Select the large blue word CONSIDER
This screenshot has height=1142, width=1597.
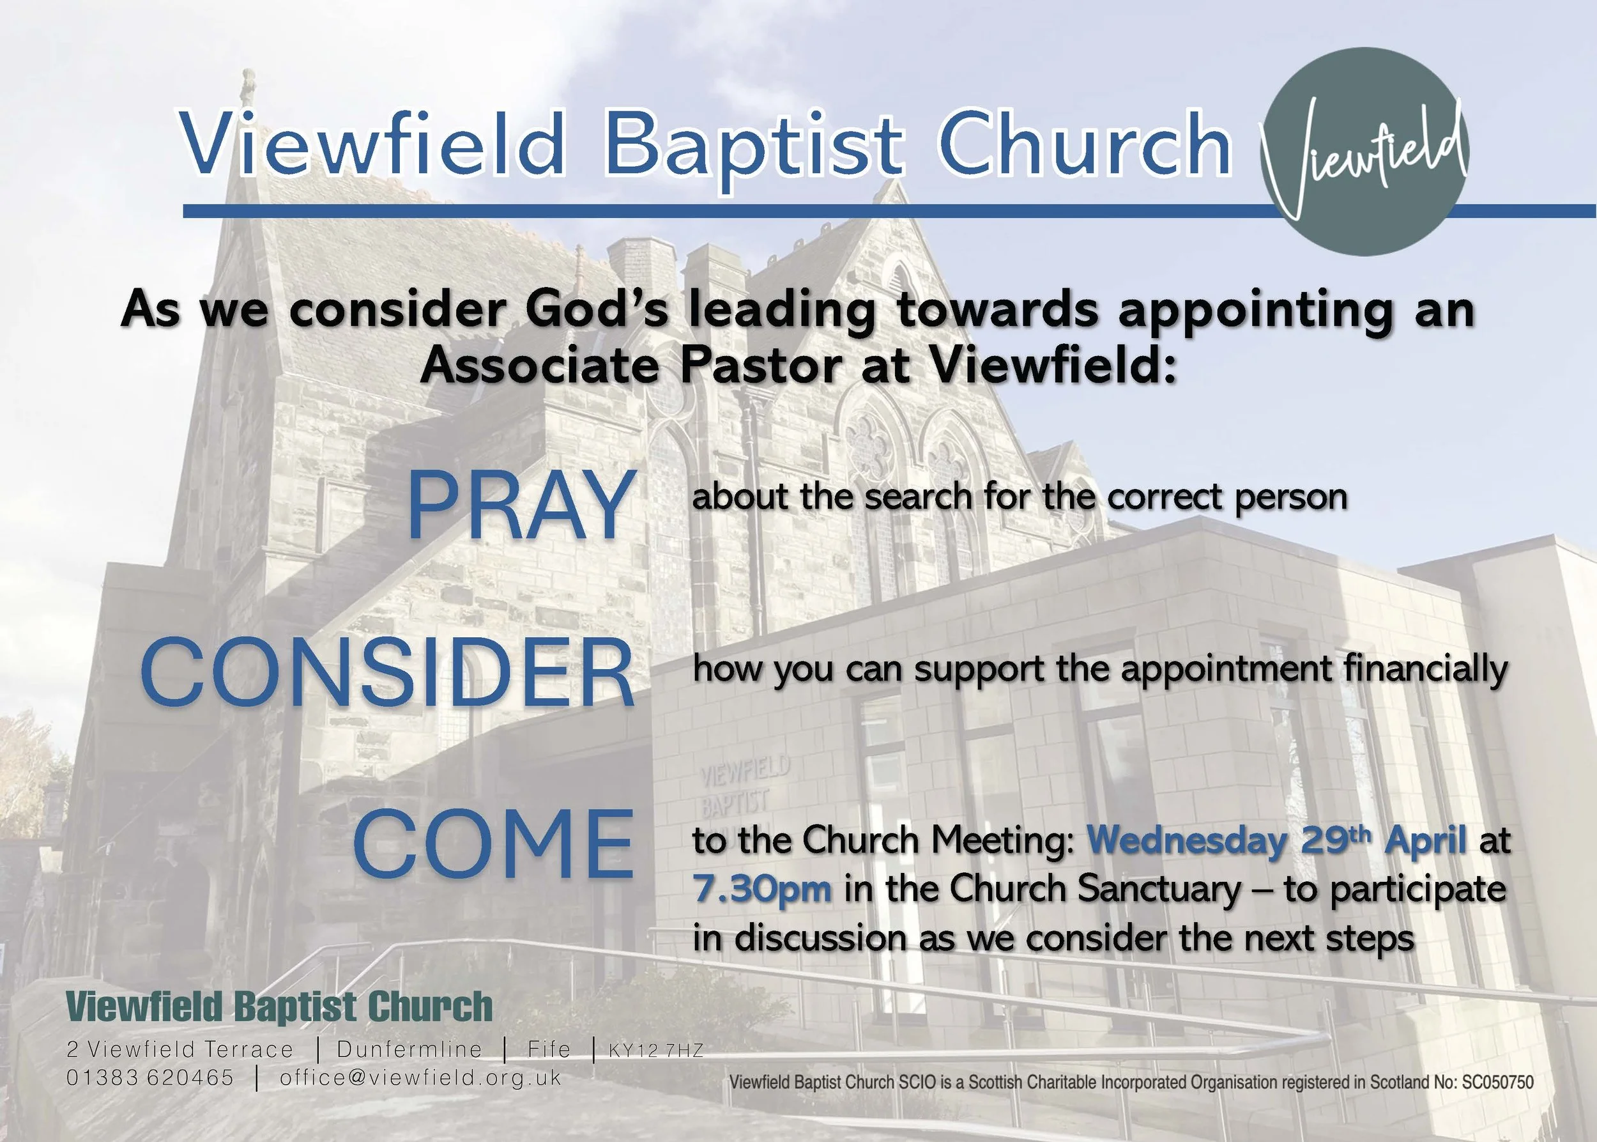(x=388, y=674)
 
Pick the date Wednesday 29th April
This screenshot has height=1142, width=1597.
(x=1276, y=840)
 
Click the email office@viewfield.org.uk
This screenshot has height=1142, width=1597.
(x=420, y=1078)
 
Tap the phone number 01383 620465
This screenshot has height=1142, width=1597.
(x=149, y=1078)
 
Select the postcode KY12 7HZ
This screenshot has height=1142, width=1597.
(x=656, y=1051)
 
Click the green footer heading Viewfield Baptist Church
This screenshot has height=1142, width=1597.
(x=279, y=1007)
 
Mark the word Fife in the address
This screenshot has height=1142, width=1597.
(x=549, y=1049)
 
